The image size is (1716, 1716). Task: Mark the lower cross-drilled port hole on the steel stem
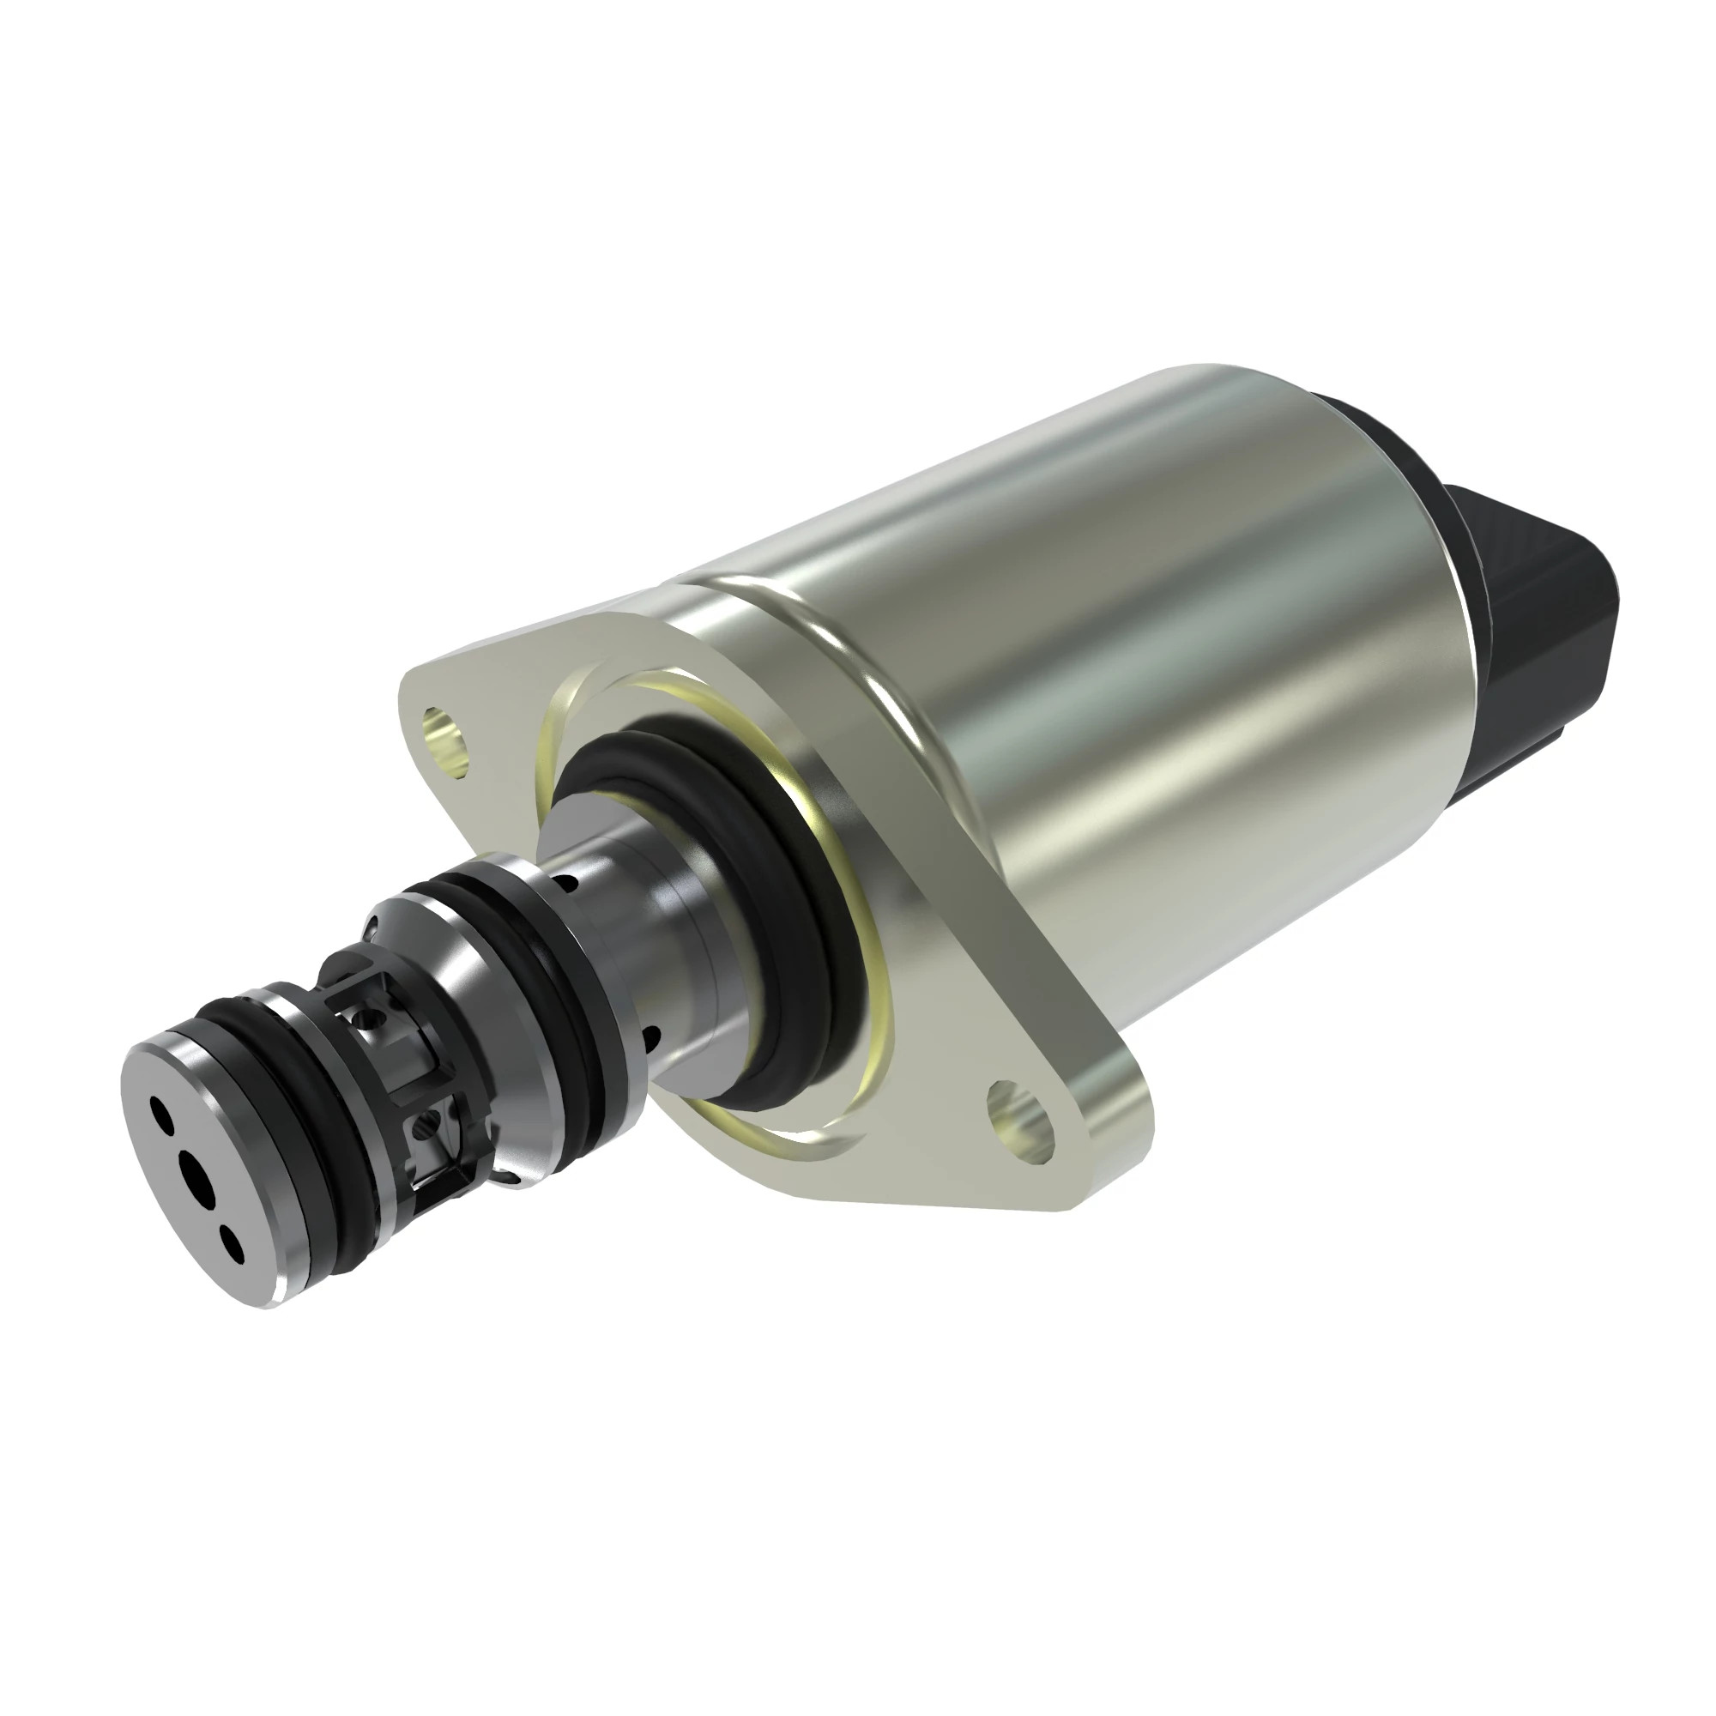[x=651, y=1037]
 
